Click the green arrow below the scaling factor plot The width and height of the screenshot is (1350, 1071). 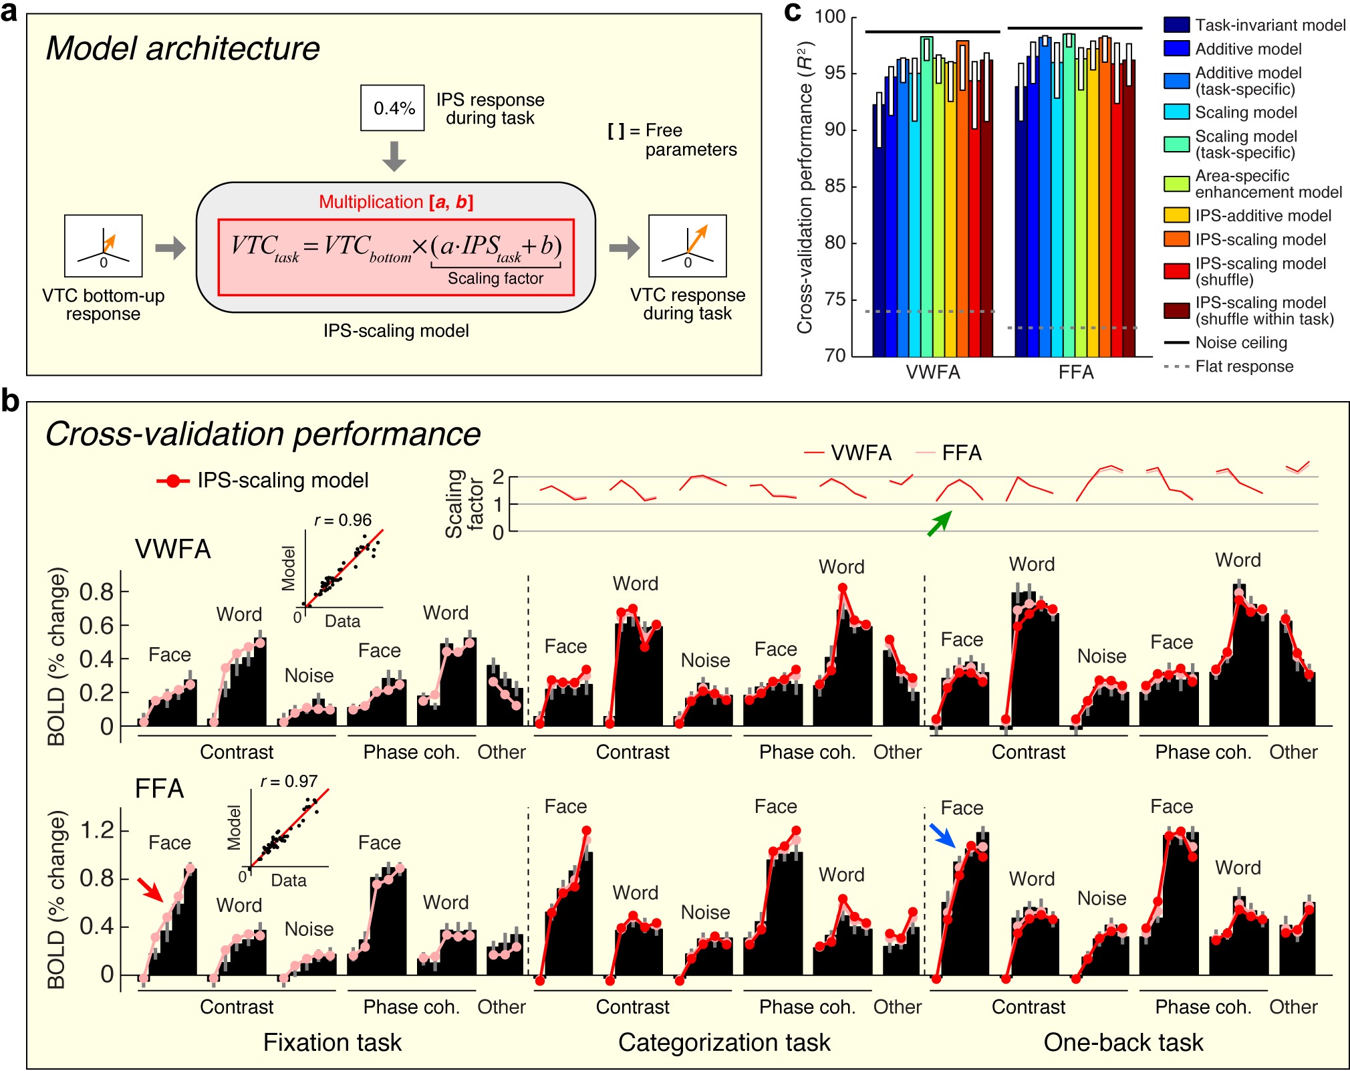(939, 523)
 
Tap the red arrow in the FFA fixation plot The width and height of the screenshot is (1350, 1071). (150, 889)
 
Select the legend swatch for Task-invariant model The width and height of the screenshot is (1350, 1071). (1176, 25)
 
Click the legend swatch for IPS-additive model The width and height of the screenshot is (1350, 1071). (1176, 215)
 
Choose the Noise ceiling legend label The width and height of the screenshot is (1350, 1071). (1240, 343)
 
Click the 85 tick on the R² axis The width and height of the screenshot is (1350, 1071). (835, 186)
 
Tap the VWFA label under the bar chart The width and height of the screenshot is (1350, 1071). (932, 372)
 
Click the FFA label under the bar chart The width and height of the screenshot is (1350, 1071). (1075, 372)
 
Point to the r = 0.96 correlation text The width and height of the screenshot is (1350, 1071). (343, 520)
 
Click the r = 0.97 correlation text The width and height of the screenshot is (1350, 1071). (289, 781)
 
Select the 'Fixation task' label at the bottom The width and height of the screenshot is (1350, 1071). (332, 1042)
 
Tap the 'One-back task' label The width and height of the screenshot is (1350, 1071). (1123, 1042)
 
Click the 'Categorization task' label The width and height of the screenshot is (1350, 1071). (724, 1042)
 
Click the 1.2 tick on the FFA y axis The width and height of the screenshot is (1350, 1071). (96, 831)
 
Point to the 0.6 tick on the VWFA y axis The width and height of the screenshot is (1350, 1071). (96, 626)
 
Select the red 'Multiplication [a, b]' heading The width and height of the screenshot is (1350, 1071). (396, 202)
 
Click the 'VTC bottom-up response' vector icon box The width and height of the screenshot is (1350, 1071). (104, 246)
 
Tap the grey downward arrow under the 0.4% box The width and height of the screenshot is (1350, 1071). (394, 156)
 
